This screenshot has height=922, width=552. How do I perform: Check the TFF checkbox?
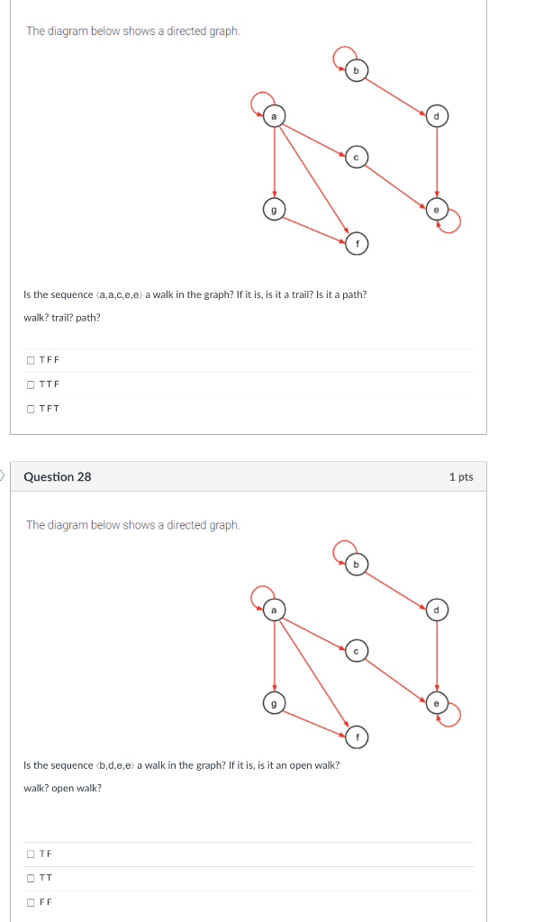pyautogui.click(x=32, y=360)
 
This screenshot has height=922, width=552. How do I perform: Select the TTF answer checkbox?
pyautogui.click(x=32, y=384)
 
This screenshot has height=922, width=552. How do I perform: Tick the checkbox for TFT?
pyautogui.click(x=32, y=409)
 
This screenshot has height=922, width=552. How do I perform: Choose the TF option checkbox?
pyautogui.click(x=32, y=854)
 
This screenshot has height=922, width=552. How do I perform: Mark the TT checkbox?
pyautogui.click(x=32, y=878)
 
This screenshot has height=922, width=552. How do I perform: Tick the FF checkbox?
pyautogui.click(x=32, y=902)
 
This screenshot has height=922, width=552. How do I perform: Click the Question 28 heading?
pyautogui.click(x=57, y=476)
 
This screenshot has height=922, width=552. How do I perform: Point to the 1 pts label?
pyautogui.click(x=460, y=476)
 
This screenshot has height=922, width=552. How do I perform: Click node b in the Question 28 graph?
pyautogui.click(x=356, y=565)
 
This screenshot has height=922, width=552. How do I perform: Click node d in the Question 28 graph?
pyautogui.click(x=437, y=610)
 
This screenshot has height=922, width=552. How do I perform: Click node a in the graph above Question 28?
pyautogui.click(x=273, y=116)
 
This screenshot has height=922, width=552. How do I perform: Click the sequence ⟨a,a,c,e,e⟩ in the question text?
pyautogui.click(x=119, y=294)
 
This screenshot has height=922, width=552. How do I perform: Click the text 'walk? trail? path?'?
pyautogui.click(x=61, y=317)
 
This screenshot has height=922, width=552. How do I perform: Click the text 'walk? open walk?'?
pyautogui.click(x=62, y=788)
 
